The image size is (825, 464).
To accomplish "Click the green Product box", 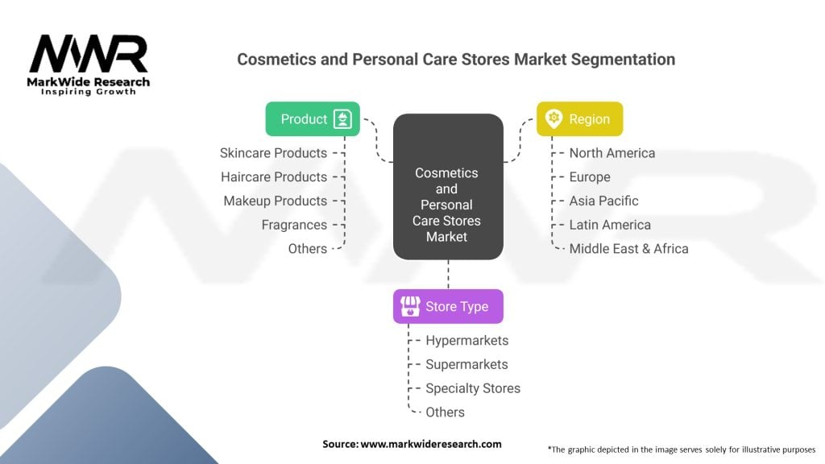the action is tap(313, 119).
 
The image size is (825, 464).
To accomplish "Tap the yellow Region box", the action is tap(580, 119).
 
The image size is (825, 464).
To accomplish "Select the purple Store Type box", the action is tap(448, 306).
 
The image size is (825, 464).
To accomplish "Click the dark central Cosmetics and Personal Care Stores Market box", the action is tap(448, 187).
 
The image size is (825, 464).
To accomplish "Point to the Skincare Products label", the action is tap(274, 153).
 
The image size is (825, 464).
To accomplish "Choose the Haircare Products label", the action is tap(274, 176).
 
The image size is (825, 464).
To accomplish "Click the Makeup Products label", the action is tap(276, 201).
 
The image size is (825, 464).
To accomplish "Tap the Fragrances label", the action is tap(294, 226).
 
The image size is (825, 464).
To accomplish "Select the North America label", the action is tap(612, 153).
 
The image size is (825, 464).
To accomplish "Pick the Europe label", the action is tap(590, 177).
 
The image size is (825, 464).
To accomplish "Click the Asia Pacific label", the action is tap(604, 201).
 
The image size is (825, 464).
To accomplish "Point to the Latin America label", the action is tap(611, 226).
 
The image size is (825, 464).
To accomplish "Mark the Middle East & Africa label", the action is tap(628, 249).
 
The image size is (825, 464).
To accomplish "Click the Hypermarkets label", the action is tap(467, 341).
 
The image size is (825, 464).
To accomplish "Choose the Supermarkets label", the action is tap(466, 365).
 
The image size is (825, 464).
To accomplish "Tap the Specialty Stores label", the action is tap(473, 389).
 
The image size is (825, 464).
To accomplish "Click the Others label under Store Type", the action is tap(445, 412).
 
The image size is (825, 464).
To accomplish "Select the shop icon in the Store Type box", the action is tap(410, 306).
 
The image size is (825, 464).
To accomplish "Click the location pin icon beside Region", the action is tap(553, 118).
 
